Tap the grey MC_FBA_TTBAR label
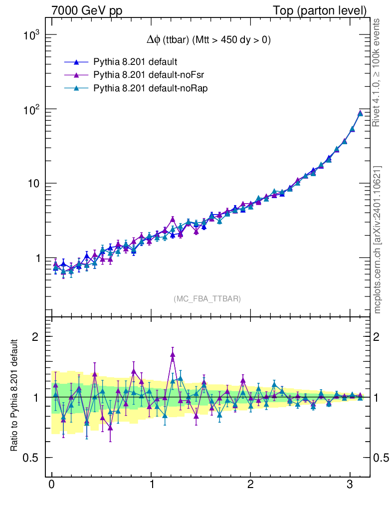(207, 299)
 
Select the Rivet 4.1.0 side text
(377, 72)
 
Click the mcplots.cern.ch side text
(377, 240)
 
